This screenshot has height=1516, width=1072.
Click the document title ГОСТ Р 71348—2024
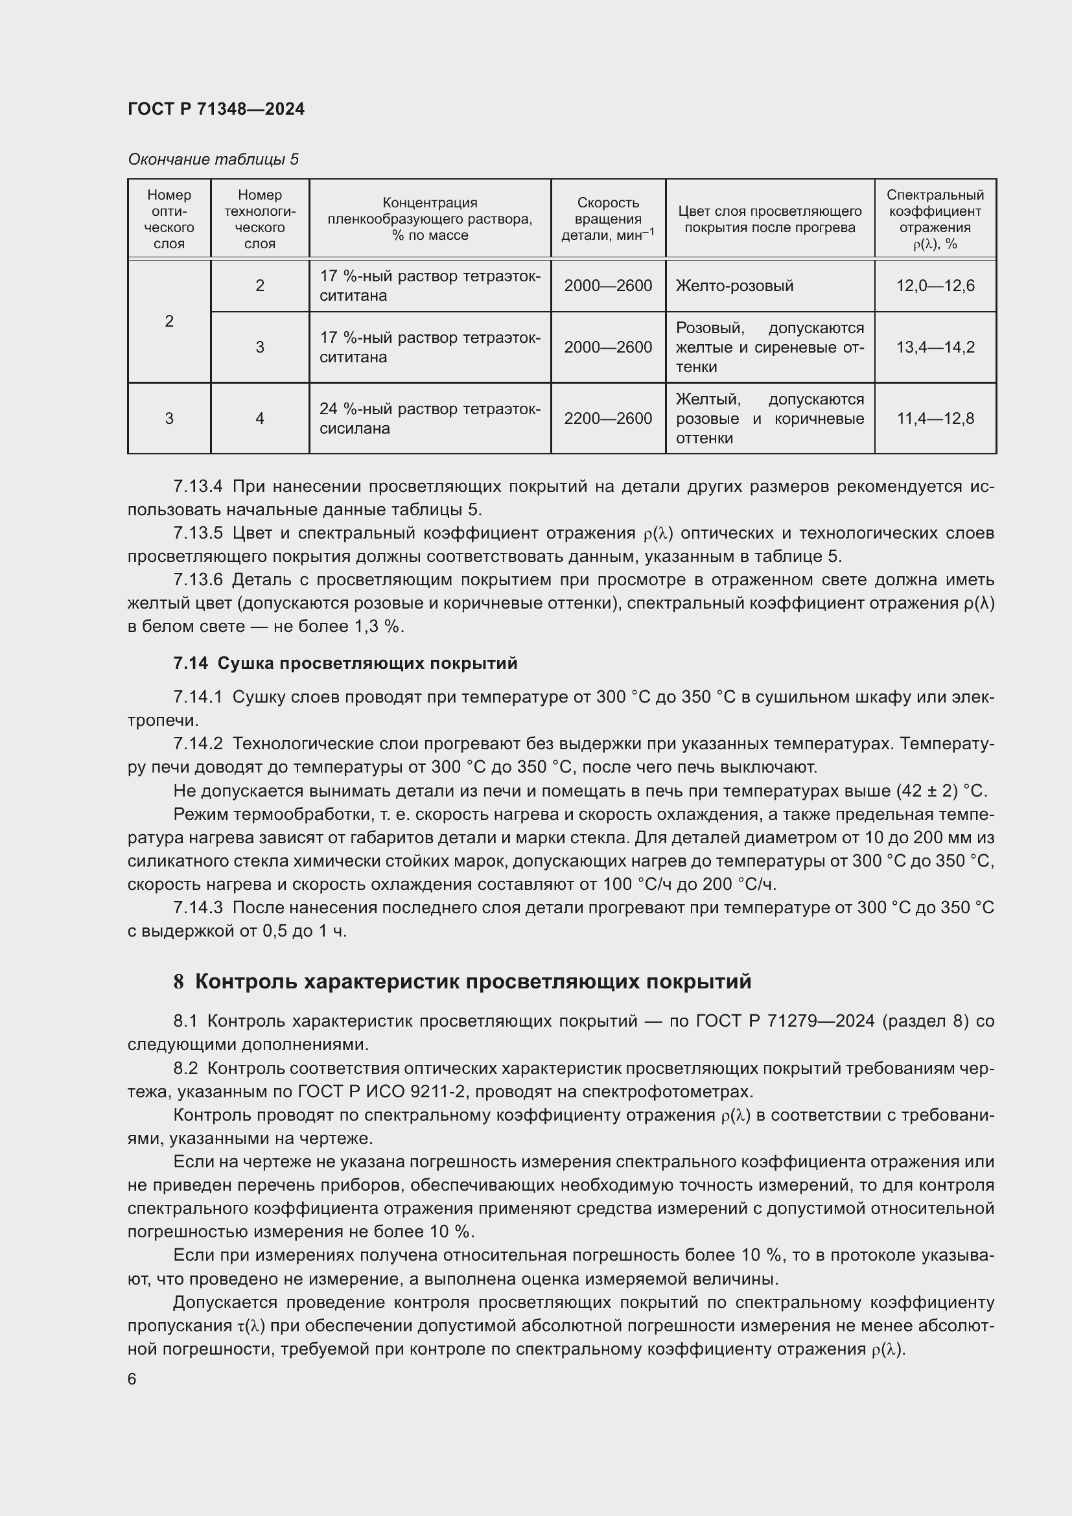tap(216, 109)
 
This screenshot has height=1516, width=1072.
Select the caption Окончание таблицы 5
tap(213, 159)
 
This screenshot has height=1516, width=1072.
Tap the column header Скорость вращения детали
tap(607, 218)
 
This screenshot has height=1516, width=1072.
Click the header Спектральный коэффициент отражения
tap(935, 218)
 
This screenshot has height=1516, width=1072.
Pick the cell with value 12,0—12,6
tap(935, 286)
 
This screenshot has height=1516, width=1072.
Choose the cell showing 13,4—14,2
tap(935, 347)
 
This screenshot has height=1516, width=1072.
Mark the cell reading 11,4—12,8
tap(935, 419)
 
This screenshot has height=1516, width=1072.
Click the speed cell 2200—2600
tap(607, 419)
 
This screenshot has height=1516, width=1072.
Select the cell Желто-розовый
tap(734, 286)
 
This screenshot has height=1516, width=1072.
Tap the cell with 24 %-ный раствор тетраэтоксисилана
tap(429, 419)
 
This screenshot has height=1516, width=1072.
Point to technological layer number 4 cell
tap(259, 419)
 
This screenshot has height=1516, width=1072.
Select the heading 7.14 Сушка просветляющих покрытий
tap(345, 664)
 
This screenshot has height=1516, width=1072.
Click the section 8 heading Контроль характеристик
tap(462, 982)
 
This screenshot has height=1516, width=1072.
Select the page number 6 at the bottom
tap(132, 1379)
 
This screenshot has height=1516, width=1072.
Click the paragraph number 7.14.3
tap(198, 908)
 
